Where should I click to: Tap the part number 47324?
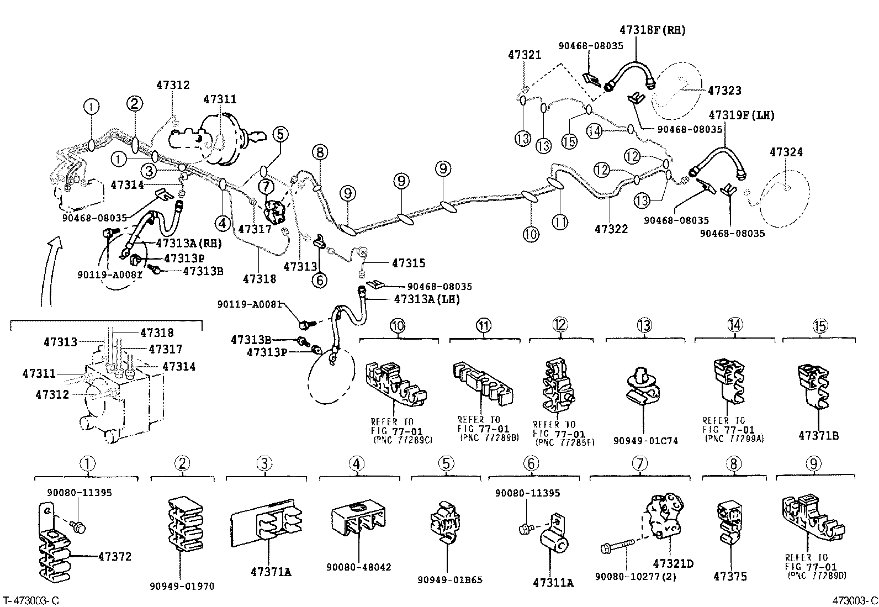pyautogui.click(x=786, y=152)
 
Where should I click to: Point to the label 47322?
pyautogui.click(x=611, y=228)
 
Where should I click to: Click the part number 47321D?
pyautogui.click(x=673, y=564)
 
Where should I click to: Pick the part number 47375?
pyautogui.click(x=730, y=577)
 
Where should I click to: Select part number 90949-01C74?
pyautogui.click(x=645, y=441)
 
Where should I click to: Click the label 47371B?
pyautogui.click(x=818, y=436)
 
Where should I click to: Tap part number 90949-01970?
pyautogui.click(x=182, y=586)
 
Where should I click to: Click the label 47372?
pyautogui.click(x=115, y=556)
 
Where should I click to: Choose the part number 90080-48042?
pyautogui.click(x=358, y=567)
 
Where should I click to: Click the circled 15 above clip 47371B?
pyautogui.click(x=820, y=326)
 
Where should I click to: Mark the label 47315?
pyautogui.click(x=409, y=263)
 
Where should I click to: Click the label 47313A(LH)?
pyautogui.click(x=427, y=299)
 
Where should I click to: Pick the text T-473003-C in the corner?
pyautogui.click(x=31, y=600)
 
